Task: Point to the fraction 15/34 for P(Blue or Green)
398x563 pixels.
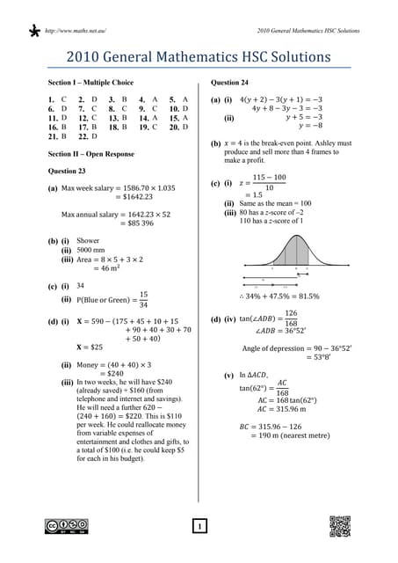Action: point(143,300)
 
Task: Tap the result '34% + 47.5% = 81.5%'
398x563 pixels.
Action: point(279,296)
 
